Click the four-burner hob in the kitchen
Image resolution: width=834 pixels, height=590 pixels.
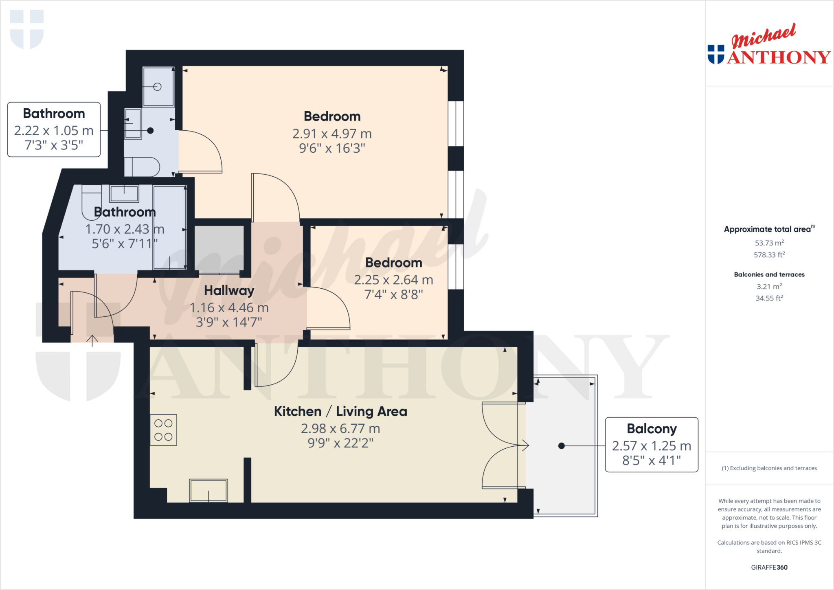163,430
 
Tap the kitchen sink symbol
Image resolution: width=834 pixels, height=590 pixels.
208,490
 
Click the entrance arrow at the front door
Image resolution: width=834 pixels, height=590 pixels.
92,340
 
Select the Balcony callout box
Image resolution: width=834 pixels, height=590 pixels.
651,444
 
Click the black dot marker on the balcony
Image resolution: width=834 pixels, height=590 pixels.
561,446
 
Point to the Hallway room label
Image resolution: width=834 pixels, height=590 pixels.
229,290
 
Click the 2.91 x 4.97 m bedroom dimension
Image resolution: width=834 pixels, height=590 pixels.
332,134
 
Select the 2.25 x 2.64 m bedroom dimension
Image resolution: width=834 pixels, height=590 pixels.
393,280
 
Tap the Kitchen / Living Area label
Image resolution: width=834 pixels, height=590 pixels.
340,411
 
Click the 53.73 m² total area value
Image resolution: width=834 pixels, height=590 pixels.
769,243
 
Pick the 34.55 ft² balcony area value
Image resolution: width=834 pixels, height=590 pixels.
769,298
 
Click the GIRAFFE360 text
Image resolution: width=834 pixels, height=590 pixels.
769,567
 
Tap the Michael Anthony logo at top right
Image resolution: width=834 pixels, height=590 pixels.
769,45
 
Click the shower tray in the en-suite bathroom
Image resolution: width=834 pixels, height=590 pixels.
158,87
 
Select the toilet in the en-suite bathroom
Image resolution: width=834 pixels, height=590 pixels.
143,167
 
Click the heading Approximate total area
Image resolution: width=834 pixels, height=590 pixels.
768,229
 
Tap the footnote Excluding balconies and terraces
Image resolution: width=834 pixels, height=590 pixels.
769,468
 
